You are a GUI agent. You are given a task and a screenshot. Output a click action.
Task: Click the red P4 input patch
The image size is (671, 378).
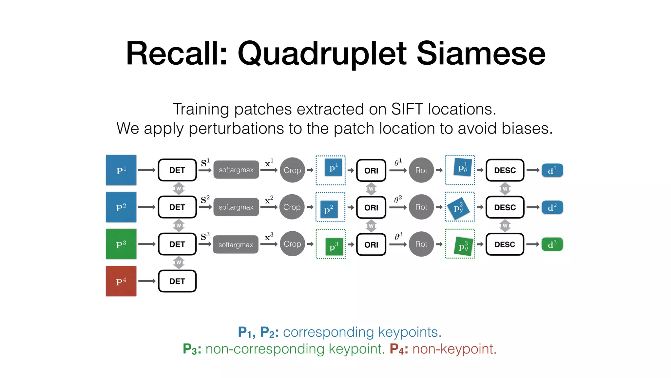point(121,281)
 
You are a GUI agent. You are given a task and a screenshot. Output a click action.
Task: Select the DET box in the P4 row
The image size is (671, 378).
point(177,281)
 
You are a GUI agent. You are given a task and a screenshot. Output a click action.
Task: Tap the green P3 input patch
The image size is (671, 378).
point(121,244)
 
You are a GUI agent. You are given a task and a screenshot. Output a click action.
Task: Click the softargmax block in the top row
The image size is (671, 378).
point(236,170)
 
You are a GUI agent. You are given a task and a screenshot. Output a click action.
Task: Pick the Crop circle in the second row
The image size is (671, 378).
point(292,207)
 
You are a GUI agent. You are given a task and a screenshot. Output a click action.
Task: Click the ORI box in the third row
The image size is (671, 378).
point(371,244)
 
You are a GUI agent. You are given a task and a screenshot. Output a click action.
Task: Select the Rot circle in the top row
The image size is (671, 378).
point(421,170)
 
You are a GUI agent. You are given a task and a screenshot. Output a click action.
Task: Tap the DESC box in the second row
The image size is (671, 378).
point(505,207)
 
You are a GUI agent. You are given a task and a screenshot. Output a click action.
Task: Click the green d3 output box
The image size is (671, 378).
point(552,244)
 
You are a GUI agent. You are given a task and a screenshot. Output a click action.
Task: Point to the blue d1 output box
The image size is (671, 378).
point(552,170)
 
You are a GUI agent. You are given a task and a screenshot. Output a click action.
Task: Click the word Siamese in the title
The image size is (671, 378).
point(481,53)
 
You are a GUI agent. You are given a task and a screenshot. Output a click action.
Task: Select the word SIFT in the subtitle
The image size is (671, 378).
point(407,109)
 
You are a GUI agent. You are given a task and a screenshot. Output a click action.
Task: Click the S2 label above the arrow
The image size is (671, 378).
point(205,199)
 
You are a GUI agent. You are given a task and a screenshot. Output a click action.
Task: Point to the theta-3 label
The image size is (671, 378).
point(398,236)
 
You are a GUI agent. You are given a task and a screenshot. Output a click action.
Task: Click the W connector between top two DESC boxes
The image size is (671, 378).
point(505,189)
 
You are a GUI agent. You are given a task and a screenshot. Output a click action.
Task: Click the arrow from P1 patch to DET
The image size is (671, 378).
point(146,170)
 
